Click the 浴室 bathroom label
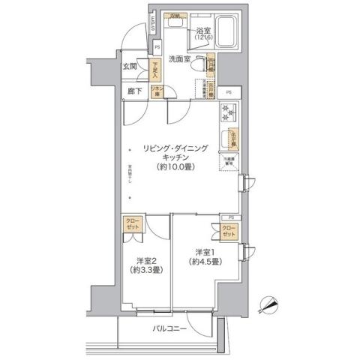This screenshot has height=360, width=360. coord(203,31)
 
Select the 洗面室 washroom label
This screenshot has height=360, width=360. coord(181,58)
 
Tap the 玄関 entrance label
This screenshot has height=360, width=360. coord(130,67)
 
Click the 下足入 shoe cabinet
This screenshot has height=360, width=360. coord(155,71)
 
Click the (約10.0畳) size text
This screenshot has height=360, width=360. coord(177,167)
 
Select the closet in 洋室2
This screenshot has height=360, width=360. coord(132,226)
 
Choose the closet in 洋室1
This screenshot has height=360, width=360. coord(229,231)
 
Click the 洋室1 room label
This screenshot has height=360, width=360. coord(205,251)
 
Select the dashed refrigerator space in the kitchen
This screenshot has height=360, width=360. coord(228,163)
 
